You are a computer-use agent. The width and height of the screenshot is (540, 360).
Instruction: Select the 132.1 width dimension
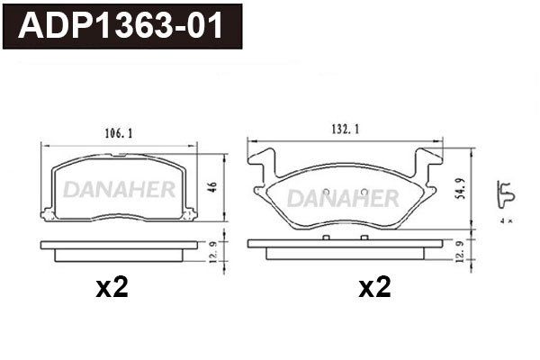coord(346,130)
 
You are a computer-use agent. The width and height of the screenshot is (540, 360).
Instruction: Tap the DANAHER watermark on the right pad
coord(345,196)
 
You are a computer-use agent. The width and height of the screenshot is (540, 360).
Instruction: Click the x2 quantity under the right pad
coord(375,288)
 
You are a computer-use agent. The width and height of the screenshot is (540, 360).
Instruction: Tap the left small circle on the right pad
coord(325,191)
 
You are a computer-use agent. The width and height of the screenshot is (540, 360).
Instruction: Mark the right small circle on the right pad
coord(362,191)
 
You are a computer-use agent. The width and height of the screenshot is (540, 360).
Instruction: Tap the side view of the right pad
coord(346,247)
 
